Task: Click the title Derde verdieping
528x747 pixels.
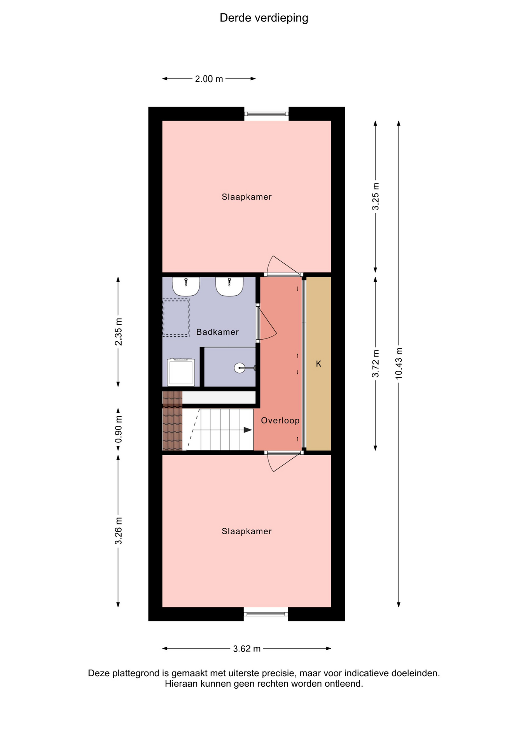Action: (x=264, y=18)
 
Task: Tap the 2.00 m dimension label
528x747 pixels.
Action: (x=209, y=79)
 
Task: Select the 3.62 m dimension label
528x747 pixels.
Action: (x=247, y=649)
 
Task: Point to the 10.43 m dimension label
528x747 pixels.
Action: (x=399, y=363)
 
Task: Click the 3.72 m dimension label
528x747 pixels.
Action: (x=376, y=363)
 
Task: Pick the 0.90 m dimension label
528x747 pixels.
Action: (x=119, y=429)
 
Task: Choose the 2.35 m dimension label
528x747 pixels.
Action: (x=119, y=331)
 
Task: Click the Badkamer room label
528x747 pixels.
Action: (x=217, y=332)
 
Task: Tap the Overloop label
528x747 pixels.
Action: (x=280, y=421)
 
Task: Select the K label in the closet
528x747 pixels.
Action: (x=319, y=364)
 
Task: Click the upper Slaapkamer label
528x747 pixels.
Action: (x=247, y=197)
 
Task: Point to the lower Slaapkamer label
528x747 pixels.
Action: (x=247, y=531)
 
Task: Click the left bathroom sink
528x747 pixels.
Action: (x=186, y=286)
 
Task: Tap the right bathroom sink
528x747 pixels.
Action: (x=229, y=286)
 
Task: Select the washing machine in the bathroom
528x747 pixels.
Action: (x=181, y=372)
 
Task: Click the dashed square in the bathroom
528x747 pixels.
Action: (x=176, y=317)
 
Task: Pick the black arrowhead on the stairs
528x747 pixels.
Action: (x=248, y=430)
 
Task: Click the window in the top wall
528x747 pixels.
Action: (x=267, y=114)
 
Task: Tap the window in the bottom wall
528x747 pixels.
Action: (x=266, y=614)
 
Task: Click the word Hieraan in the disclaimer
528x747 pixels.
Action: (x=181, y=684)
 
